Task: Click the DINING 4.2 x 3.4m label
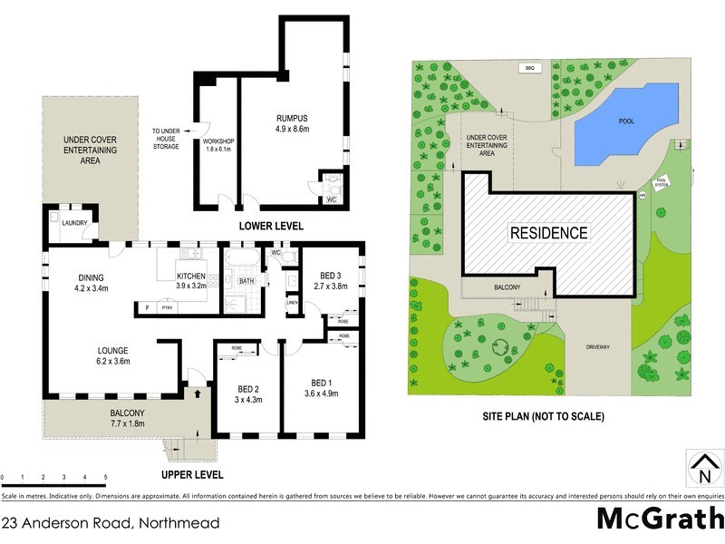point(92,283)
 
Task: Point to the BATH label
point(246,281)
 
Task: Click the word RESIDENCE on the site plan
point(548,233)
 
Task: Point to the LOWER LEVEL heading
point(270,225)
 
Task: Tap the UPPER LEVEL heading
point(192,474)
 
